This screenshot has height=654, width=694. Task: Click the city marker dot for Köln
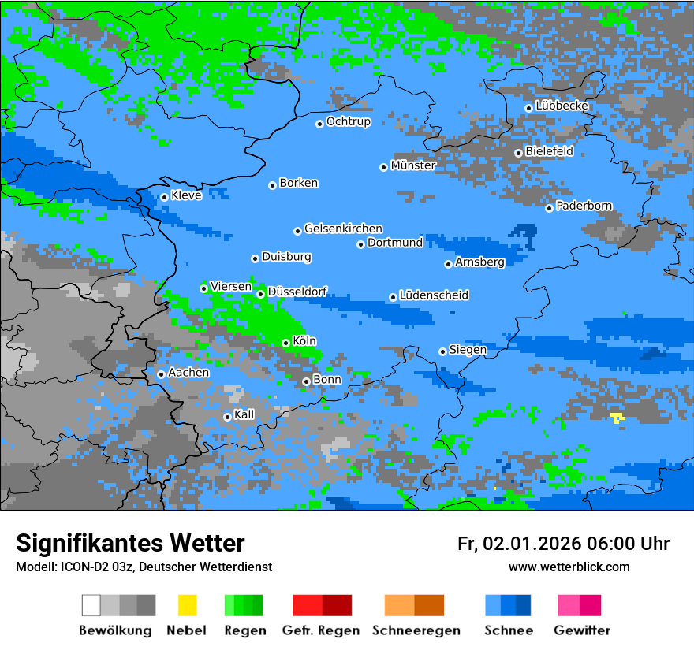click(285, 343)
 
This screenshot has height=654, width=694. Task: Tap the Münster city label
click(413, 165)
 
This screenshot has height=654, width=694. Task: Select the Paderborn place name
click(584, 206)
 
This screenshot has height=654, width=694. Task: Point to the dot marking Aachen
click(161, 374)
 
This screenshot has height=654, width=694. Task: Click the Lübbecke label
click(562, 106)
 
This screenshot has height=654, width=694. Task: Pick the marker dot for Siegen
click(442, 351)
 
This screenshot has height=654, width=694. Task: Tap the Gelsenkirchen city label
click(343, 229)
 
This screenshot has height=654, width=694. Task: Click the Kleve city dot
click(164, 197)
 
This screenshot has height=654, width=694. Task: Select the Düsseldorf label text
click(297, 292)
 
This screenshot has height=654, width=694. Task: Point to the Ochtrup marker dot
click(319, 123)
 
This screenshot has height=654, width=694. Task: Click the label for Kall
click(244, 414)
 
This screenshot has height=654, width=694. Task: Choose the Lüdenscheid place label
click(435, 295)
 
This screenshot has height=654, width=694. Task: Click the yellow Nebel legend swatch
click(187, 605)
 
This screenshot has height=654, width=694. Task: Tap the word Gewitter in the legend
click(582, 630)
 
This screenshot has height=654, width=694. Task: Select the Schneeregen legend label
click(414, 630)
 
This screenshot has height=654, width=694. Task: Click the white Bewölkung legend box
click(91, 605)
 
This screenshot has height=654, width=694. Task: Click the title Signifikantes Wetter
click(130, 544)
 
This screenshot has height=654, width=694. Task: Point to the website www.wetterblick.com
click(569, 567)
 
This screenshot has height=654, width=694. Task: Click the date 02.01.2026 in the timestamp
click(532, 544)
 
